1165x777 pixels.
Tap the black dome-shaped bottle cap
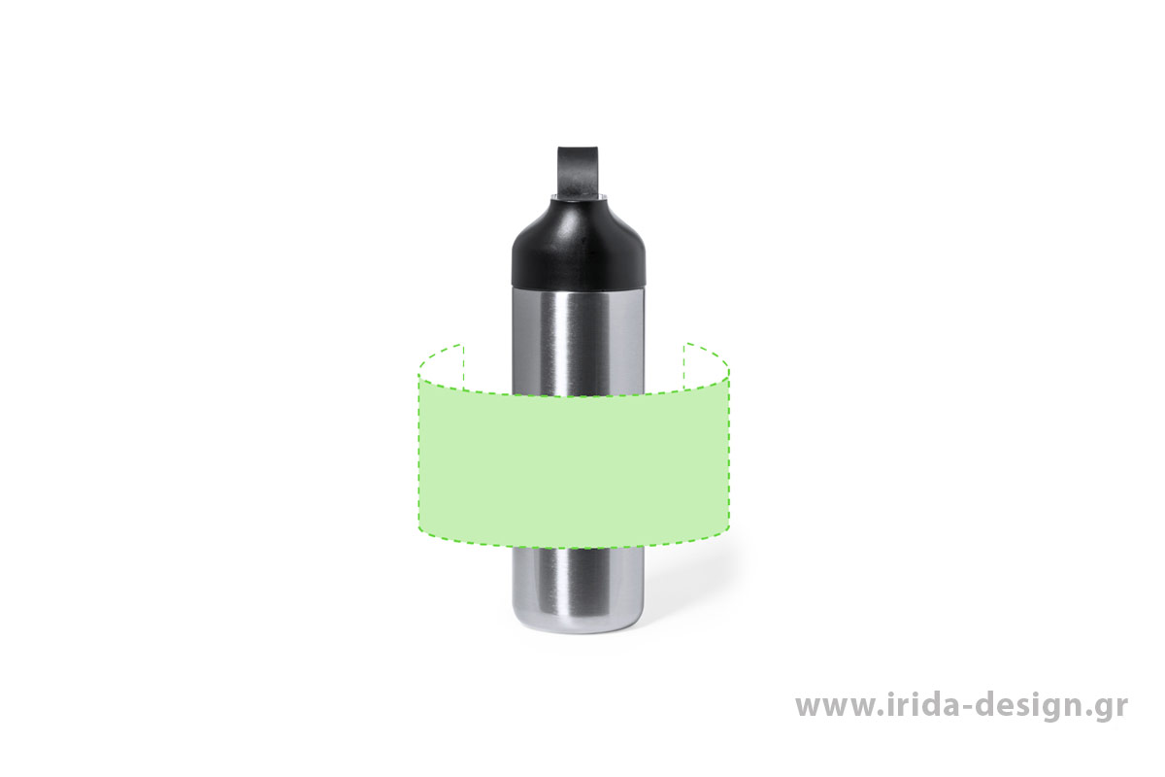click(x=579, y=244)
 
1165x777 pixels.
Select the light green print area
click(x=574, y=463)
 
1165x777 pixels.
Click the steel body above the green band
click(x=579, y=341)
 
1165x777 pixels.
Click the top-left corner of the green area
click(x=418, y=376)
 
